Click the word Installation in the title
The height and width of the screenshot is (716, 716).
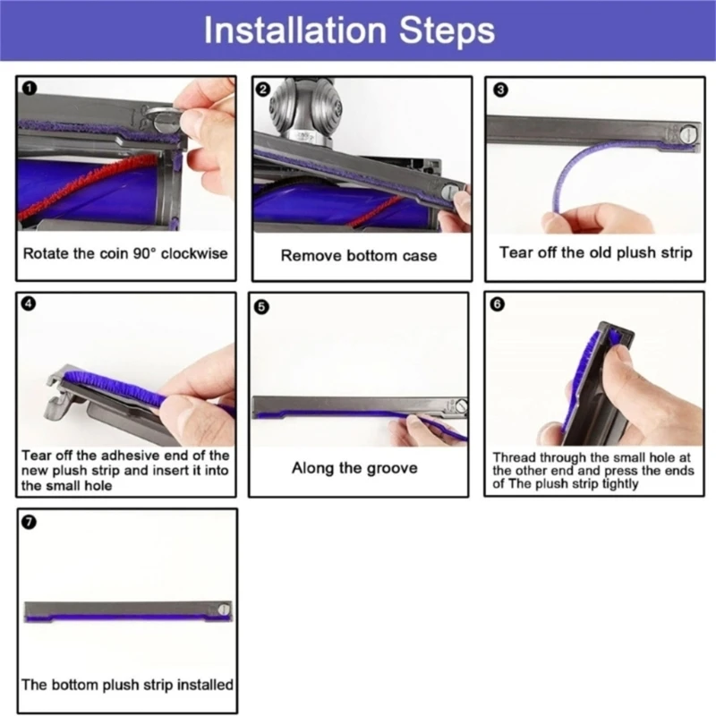[x=295, y=30]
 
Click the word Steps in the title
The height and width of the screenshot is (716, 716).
[x=447, y=31]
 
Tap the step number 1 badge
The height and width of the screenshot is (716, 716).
[x=29, y=88]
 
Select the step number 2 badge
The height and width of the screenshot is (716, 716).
[x=262, y=89]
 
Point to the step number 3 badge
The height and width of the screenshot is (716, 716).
[x=500, y=90]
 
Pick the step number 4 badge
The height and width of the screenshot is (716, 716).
[x=29, y=303]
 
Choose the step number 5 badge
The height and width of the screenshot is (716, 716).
[x=261, y=307]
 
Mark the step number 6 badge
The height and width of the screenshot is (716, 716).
[x=498, y=304]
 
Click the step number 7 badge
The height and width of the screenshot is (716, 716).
[x=29, y=522]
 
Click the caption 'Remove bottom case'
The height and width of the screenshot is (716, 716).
[x=359, y=255]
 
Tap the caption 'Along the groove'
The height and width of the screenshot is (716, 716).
[x=354, y=468]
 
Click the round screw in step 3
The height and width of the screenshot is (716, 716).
[x=686, y=135]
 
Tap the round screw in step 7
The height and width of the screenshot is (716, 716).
[x=224, y=609]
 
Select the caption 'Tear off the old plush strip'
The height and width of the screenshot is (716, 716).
[x=595, y=252]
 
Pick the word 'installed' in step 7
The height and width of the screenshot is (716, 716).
[x=205, y=685]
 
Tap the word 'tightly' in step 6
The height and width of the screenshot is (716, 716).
[x=619, y=484]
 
